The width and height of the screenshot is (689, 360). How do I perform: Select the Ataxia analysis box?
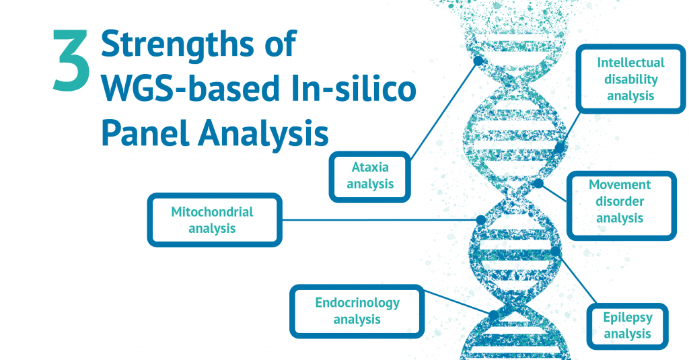[x=370, y=176]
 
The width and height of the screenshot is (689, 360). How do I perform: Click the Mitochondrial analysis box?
[x=213, y=220]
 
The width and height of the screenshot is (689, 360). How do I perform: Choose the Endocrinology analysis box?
[x=357, y=311]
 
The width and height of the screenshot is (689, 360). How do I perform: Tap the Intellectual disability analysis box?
[x=630, y=79]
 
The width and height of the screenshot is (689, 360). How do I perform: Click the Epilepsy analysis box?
[x=627, y=326]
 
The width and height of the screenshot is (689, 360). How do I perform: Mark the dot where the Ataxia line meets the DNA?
[x=478, y=61]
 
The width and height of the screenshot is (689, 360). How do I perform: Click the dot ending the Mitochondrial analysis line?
[x=480, y=220]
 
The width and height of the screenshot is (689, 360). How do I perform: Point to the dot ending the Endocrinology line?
[x=493, y=315]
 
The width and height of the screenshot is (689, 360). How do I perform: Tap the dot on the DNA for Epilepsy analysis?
[x=555, y=251]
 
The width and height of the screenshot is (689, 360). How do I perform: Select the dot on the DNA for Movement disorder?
[x=538, y=182]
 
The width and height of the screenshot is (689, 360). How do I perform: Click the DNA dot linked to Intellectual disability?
[x=560, y=147]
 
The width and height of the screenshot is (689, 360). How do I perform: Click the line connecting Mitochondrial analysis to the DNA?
[x=377, y=220]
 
